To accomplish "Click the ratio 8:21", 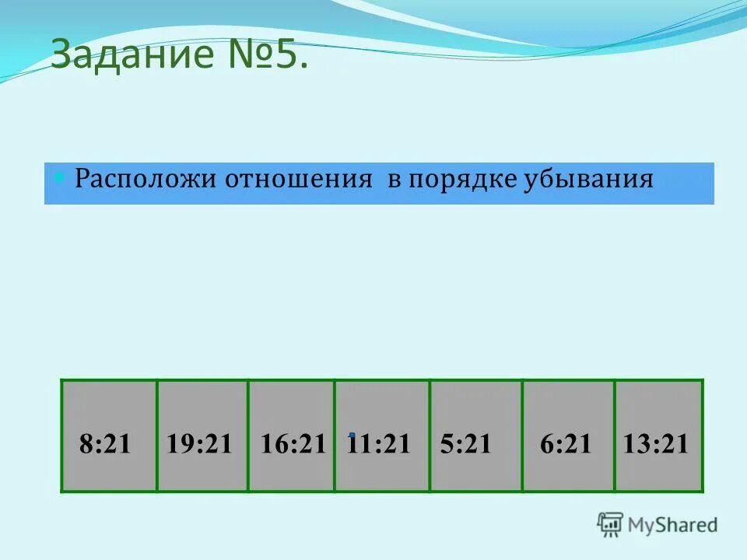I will (105, 444).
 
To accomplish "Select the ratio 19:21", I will (199, 444).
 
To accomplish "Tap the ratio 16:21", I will (293, 444).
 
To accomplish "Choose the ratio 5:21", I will (465, 444).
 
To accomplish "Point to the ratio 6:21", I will (566, 444).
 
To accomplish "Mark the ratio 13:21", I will (656, 444).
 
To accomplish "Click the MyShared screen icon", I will (610, 524).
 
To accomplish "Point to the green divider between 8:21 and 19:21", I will (157, 436).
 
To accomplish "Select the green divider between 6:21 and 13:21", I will (615, 436).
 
